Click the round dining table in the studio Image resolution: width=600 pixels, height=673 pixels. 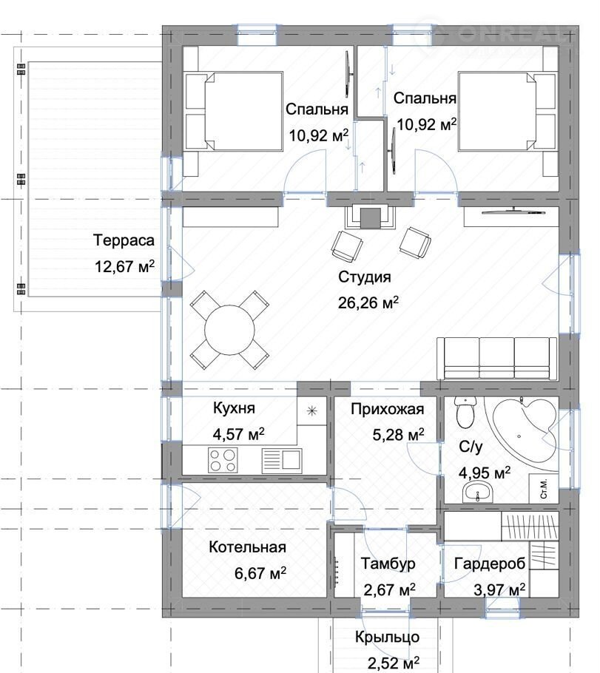pos(229,330)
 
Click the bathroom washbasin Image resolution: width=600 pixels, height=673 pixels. pos(478,491)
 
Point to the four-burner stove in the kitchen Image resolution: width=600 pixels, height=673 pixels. pos(223,461)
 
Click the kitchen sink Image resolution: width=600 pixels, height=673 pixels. pos(282,461)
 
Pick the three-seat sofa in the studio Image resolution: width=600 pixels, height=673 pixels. pos(497,359)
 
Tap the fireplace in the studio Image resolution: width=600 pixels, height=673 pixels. pos(370,217)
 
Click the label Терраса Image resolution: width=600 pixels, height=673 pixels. pos(124,240)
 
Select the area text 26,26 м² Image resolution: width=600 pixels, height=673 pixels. pos(368,303)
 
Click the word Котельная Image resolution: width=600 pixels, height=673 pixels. pos(247,547)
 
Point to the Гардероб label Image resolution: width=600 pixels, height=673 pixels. pos(490,564)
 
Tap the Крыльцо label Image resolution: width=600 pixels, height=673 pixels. pos(387,638)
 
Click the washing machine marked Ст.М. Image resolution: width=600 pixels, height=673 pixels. pos(544,488)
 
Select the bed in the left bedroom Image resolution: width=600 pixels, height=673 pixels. pos(234,111)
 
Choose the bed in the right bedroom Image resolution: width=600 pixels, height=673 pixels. pos(508,111)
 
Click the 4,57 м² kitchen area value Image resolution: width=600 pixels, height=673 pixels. pos(239,434)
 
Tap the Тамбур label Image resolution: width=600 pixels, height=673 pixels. pos(388,564)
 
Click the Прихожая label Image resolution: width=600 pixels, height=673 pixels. pos(388,409)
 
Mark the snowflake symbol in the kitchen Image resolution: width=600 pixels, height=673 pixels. pos(312,411)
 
